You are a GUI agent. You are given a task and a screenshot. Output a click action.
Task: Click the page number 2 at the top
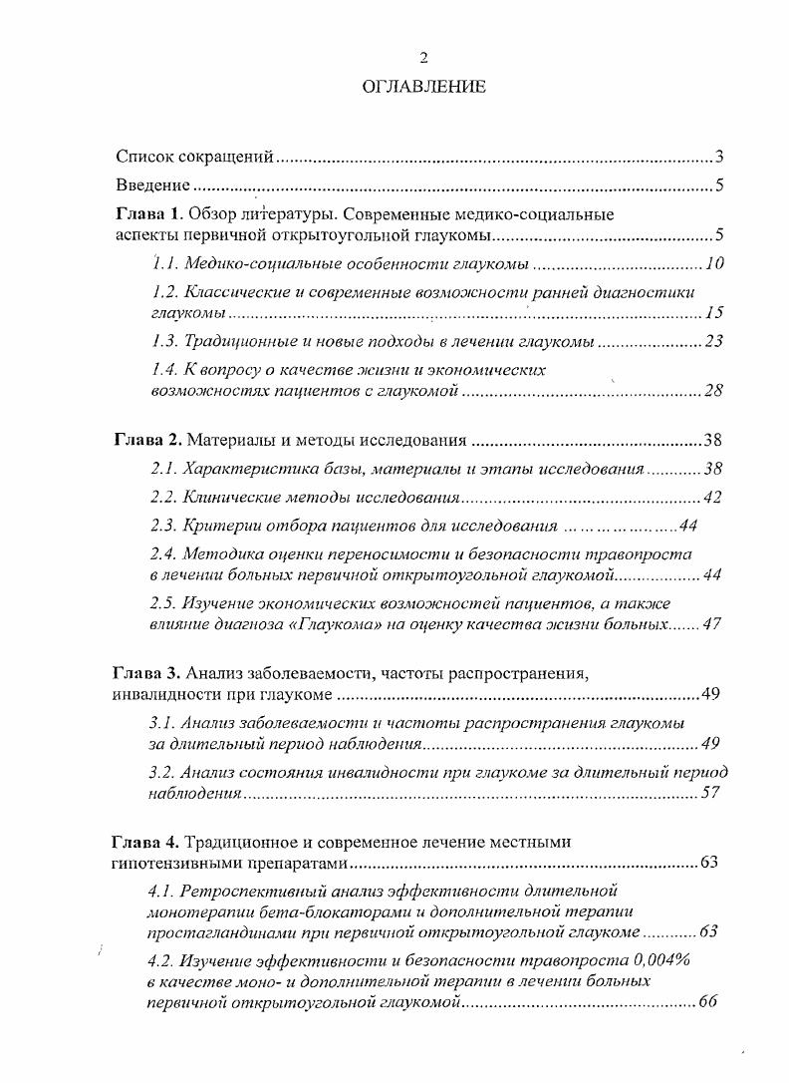422,57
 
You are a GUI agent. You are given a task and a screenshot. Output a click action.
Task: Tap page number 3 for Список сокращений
718,157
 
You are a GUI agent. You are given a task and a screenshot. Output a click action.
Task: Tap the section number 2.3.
164,526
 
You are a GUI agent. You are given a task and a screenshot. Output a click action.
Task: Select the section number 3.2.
163,773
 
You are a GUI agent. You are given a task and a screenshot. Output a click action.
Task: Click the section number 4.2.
161,960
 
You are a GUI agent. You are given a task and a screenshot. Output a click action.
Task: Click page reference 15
713,313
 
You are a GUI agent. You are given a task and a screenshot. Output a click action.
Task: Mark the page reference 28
713,391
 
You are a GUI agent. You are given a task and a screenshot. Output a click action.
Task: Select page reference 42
712,497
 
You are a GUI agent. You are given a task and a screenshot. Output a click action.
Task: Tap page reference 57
710,794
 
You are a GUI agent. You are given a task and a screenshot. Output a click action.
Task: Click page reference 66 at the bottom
708,1002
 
